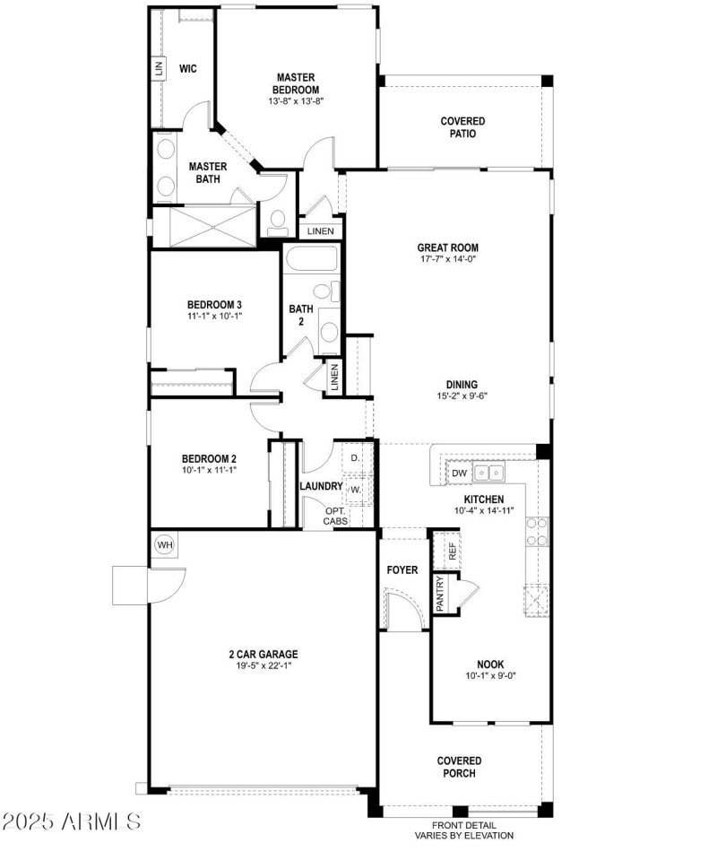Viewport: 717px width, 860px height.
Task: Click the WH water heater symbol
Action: click(x=165, y=544)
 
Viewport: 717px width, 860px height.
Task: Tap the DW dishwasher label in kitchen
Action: click(x=459, y=473)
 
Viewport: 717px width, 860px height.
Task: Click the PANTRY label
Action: click(x=440, y=593)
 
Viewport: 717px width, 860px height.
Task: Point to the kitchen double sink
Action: click(x=488, y=473)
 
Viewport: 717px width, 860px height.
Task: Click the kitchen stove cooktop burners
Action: click(x=537, y=531)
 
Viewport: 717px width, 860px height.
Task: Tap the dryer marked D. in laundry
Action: click(x=356, y=458)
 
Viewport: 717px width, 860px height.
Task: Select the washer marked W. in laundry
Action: click(x=356, y=491)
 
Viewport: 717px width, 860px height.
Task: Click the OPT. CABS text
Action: click(x=336, y=516)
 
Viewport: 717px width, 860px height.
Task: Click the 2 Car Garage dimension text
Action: click(x=263, y=665)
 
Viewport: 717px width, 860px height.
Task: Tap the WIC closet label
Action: click(x=187, y=68)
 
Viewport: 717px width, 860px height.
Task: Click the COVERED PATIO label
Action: click(x=462, y=127)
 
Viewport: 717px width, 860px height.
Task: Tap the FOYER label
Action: click(x=402, y=570)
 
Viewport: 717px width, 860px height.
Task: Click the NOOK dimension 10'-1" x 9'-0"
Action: click(x=489, y=675)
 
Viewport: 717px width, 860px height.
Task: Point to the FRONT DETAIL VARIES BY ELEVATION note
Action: click(x=463, y=830)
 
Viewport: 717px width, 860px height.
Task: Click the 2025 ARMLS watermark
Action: click(x=72, y=821)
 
